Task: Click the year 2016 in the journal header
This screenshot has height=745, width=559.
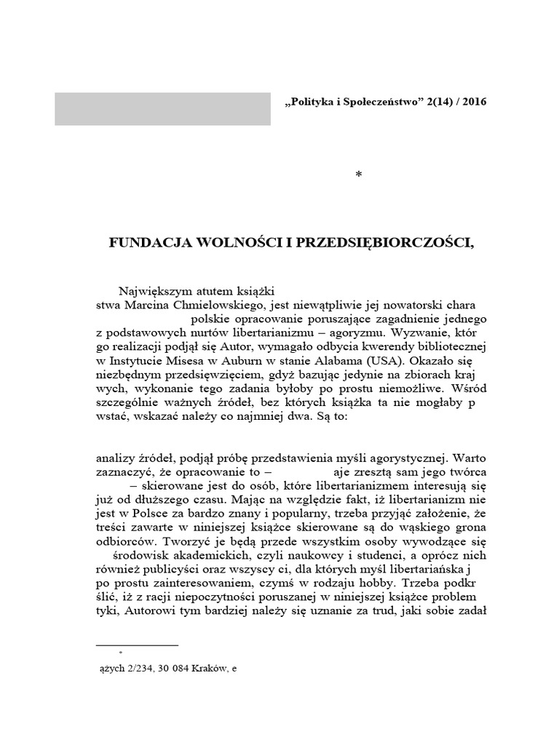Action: pos(473,101)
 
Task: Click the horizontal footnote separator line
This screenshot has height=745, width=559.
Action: pos(138,645)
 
